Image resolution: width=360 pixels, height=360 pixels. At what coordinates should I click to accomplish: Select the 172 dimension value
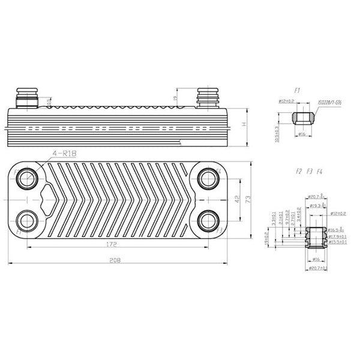[112, 244]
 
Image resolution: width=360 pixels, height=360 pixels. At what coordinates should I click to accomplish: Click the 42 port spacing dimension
[238, 198]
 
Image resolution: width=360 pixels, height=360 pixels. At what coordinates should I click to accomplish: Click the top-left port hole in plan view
[27, 178]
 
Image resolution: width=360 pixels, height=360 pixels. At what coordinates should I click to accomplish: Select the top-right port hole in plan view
[208, 178]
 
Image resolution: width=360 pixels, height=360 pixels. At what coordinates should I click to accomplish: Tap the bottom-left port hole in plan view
[27, 220]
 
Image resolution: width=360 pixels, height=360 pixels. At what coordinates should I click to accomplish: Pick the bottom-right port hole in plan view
[208, 220]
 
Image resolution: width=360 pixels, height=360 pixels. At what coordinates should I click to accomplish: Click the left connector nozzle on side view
[27, 97]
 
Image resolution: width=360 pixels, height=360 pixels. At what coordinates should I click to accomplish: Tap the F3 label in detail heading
[309, 172]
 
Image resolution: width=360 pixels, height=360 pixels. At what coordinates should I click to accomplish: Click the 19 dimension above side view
[175, 98]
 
